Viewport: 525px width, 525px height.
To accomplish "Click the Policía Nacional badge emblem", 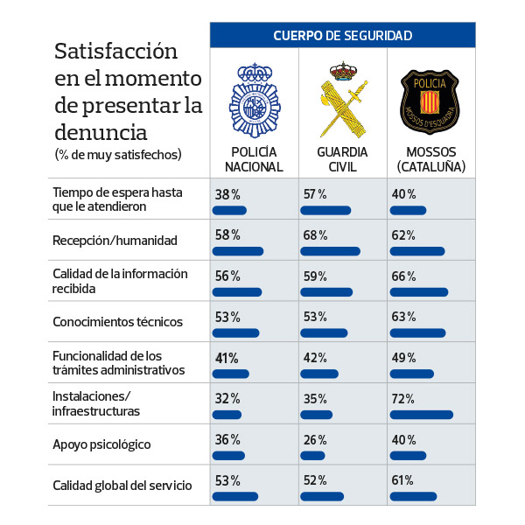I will [x=255, y=101].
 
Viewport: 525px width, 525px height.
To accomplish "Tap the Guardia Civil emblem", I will [x=342, y=100].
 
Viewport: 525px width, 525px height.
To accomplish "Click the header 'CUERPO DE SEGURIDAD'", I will [x=342, y=36].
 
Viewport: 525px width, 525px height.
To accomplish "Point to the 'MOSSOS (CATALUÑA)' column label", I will [x=430, y=159].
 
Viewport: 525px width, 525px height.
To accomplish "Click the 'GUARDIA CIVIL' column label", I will [x=342, y=159].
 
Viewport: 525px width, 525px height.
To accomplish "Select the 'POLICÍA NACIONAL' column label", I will [x=254, y=159].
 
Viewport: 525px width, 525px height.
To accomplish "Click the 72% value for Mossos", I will [x=403, y=398].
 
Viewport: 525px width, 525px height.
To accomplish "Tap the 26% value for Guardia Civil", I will [x=315, y=439].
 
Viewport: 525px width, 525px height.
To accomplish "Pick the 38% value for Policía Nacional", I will [x=227, y=194].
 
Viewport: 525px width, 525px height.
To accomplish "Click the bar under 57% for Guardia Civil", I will [x=325, y=210].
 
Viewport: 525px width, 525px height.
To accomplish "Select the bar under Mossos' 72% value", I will [x=422, y=414].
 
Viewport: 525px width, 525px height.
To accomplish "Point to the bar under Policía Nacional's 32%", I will [x=227, y=414].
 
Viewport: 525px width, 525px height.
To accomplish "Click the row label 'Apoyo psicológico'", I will [x=102, y=444].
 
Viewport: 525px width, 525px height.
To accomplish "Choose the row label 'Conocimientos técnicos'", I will [x=118, y=322].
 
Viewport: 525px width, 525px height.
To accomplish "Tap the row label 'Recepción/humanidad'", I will [x=115, y=240].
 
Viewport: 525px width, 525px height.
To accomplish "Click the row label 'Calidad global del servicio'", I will [x=122, y=486].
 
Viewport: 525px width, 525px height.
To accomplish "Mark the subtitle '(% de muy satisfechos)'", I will [x=118, y=155].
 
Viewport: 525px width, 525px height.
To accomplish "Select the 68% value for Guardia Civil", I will [x=315, y=235].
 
